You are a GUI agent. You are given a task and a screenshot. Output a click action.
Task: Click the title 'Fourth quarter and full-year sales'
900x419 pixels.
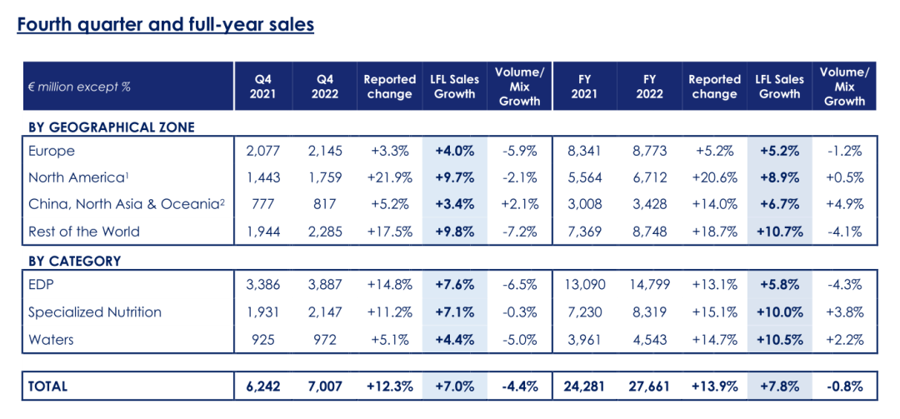166,24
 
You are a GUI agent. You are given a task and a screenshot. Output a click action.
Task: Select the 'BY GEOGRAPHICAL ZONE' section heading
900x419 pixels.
112,127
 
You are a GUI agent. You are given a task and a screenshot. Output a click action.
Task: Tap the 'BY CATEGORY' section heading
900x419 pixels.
74,261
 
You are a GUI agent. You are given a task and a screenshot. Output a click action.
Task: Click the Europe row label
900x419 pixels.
52,151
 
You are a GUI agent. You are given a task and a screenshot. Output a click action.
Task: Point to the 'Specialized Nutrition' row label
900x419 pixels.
95,312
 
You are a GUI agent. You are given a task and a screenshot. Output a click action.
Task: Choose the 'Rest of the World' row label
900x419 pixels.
84,231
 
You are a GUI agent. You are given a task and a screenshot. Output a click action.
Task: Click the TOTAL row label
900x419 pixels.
47,386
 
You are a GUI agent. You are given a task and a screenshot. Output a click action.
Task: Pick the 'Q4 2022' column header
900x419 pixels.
325,86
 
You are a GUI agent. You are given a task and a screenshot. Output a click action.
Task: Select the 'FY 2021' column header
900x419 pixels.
584,86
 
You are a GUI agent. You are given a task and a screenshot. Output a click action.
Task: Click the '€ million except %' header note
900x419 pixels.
79,86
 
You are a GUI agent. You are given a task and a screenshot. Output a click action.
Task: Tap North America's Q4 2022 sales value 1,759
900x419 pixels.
325,177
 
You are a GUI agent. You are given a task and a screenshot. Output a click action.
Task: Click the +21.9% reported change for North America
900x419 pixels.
390,177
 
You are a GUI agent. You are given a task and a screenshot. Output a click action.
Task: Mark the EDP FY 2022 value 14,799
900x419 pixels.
650,284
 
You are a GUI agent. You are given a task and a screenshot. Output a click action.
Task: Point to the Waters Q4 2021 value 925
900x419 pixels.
263,339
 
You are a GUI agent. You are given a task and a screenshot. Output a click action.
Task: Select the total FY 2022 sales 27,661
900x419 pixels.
650,386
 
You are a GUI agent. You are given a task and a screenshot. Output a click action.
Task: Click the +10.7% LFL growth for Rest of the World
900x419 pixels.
780,231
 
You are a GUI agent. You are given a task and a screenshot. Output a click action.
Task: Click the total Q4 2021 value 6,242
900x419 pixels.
263,386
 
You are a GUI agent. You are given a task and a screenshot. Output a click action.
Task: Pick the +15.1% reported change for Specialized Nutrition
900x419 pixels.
715,312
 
